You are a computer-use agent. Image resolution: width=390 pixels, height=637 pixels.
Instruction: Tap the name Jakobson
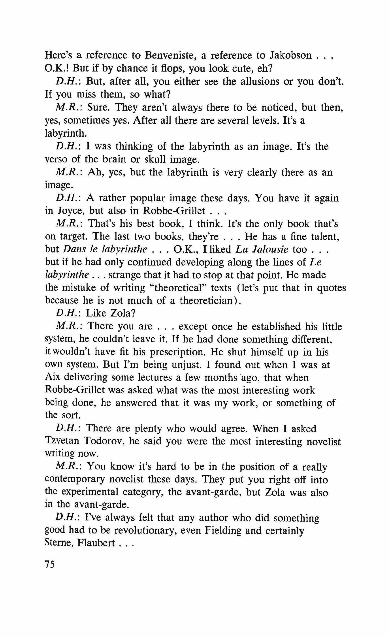(290, 55)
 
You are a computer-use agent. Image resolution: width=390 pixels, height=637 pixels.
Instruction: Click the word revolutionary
(145, 531)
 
